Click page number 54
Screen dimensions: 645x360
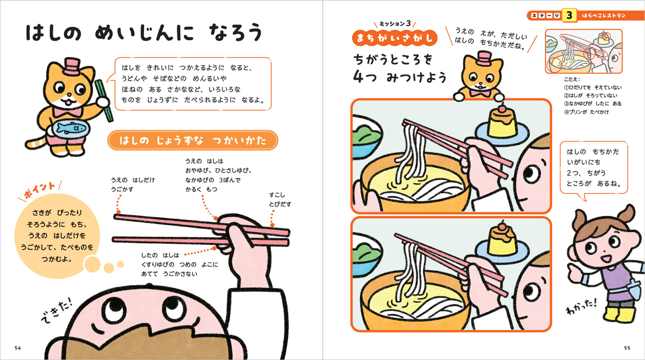click(x=18, y=348)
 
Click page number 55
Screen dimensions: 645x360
click(x=627, y=348)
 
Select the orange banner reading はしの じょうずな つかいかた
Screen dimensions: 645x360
click(x=193, y=140)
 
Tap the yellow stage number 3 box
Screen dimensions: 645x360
click(x=569, y=15)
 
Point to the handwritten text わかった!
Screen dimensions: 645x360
click(x=581, y=306)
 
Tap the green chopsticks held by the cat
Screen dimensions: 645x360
click(x=104, y=101)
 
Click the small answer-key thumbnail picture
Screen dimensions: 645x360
click(x=583, y=51)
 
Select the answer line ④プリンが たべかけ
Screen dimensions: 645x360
click(x=586, y=112)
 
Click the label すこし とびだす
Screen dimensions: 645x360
click(x=280, y=199)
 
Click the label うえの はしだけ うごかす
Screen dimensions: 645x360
click(x=132, y=184)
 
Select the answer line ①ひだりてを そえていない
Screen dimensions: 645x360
click(x=592, y=87)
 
